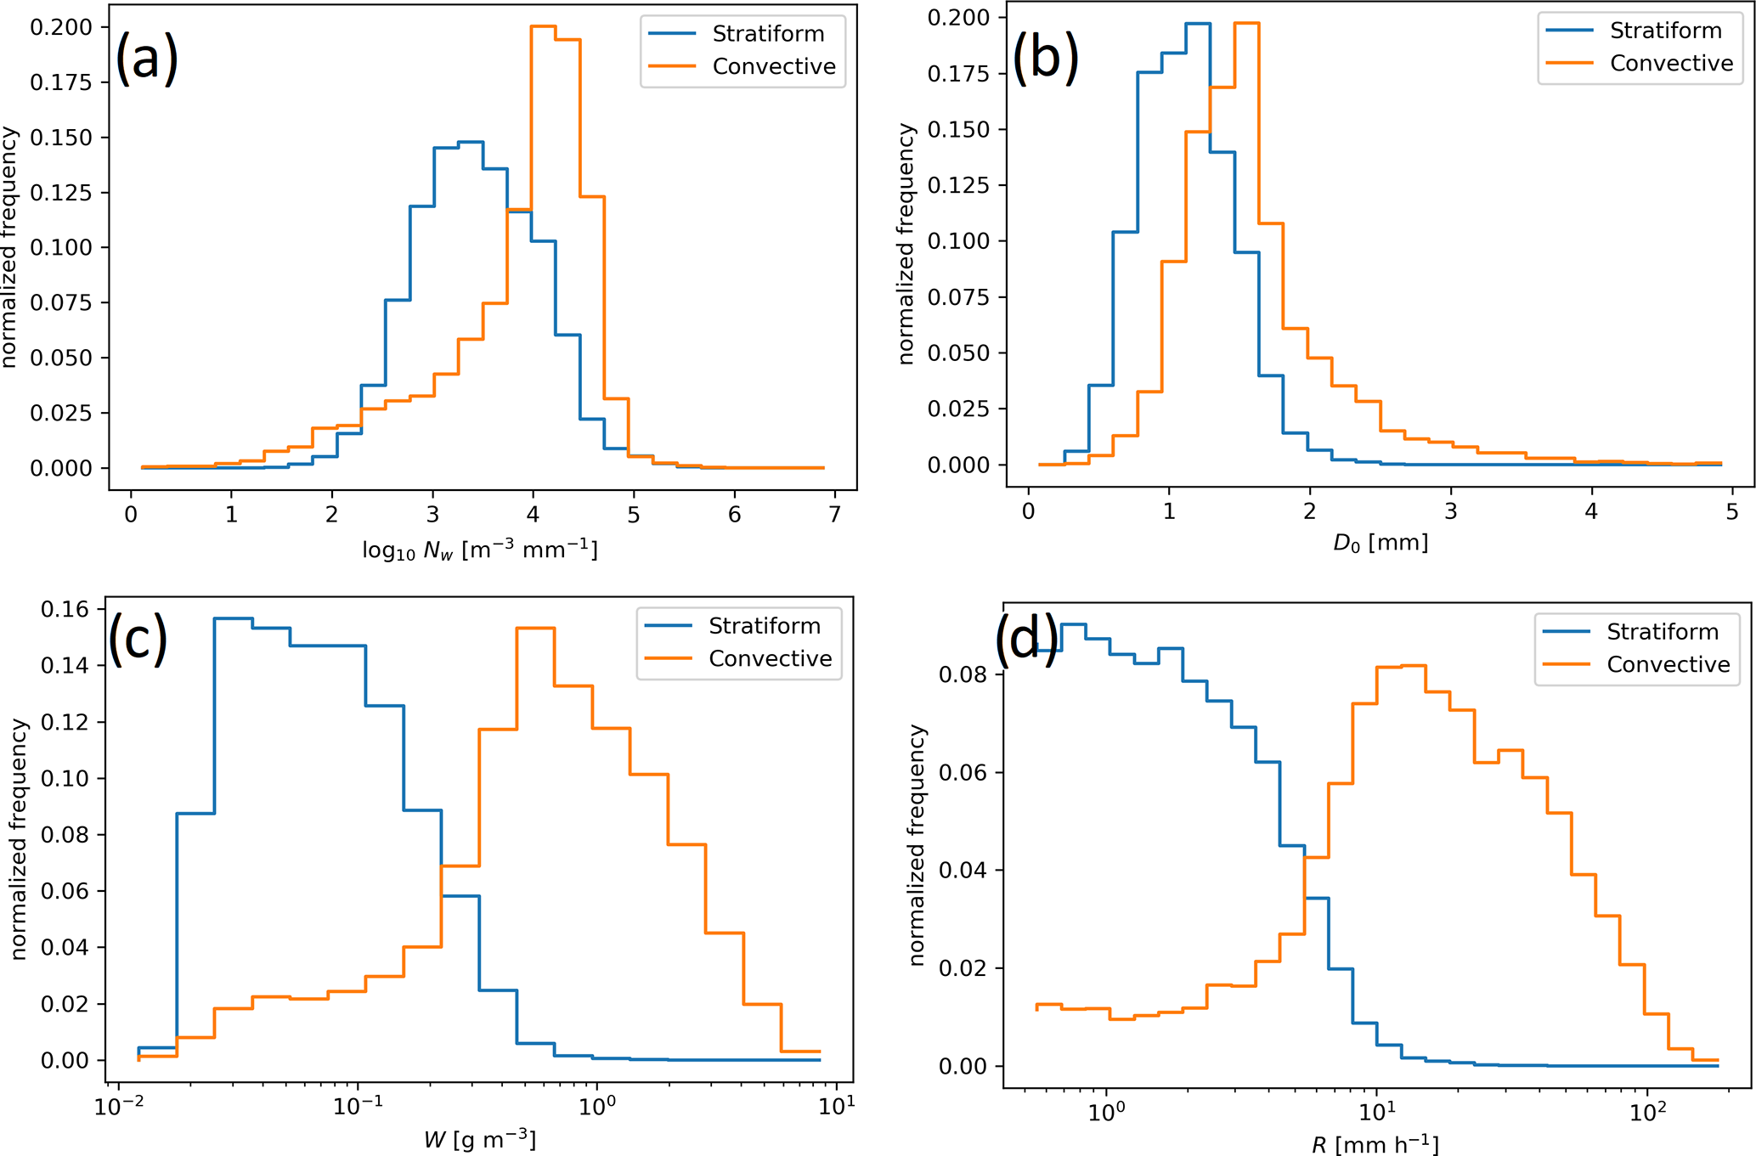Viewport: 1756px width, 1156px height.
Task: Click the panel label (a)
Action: click(x=146, y=58)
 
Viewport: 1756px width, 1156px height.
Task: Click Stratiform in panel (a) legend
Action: click(x=768, y=34)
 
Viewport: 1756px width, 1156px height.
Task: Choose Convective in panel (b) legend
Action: click(x=1671, y=64)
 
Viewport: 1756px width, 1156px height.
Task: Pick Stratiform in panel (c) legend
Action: click(x=765, y=626)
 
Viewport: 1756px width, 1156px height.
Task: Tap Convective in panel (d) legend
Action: click(x=1668, y=664)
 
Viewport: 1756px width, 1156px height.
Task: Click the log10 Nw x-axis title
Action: click(x=480, y=550)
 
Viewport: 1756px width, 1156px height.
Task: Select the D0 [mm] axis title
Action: click(x=1381, y=542)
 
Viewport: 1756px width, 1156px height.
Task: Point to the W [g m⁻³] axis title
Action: click(x=480, y=1139)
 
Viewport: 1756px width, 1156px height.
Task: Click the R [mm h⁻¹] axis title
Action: click(x=1375, y=1144)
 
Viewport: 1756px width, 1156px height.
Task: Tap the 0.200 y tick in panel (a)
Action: click(x=61, y=27)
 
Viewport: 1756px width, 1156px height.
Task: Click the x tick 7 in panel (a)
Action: click(x=834, y=515)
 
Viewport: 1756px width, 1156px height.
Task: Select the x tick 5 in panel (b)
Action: click(x=1731, y=511)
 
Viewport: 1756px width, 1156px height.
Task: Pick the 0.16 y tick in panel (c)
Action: click(x=65, y=609)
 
